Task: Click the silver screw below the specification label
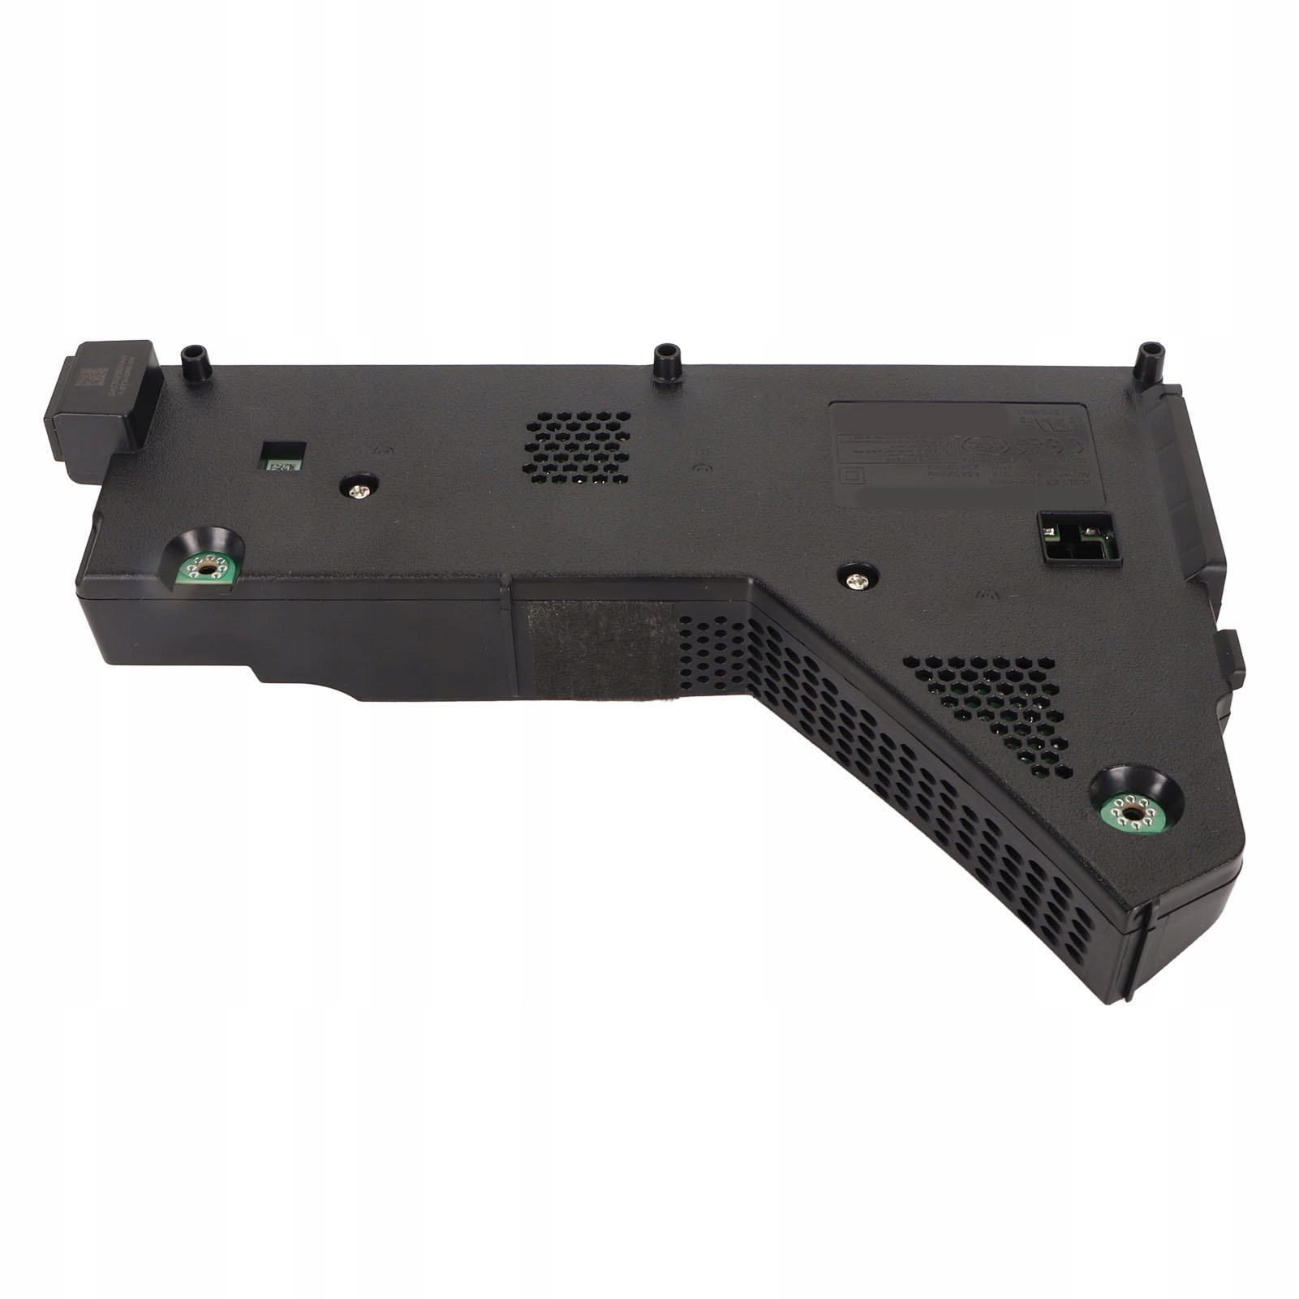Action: pos(855,579)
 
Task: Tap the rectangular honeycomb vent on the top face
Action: pos(578,448)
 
